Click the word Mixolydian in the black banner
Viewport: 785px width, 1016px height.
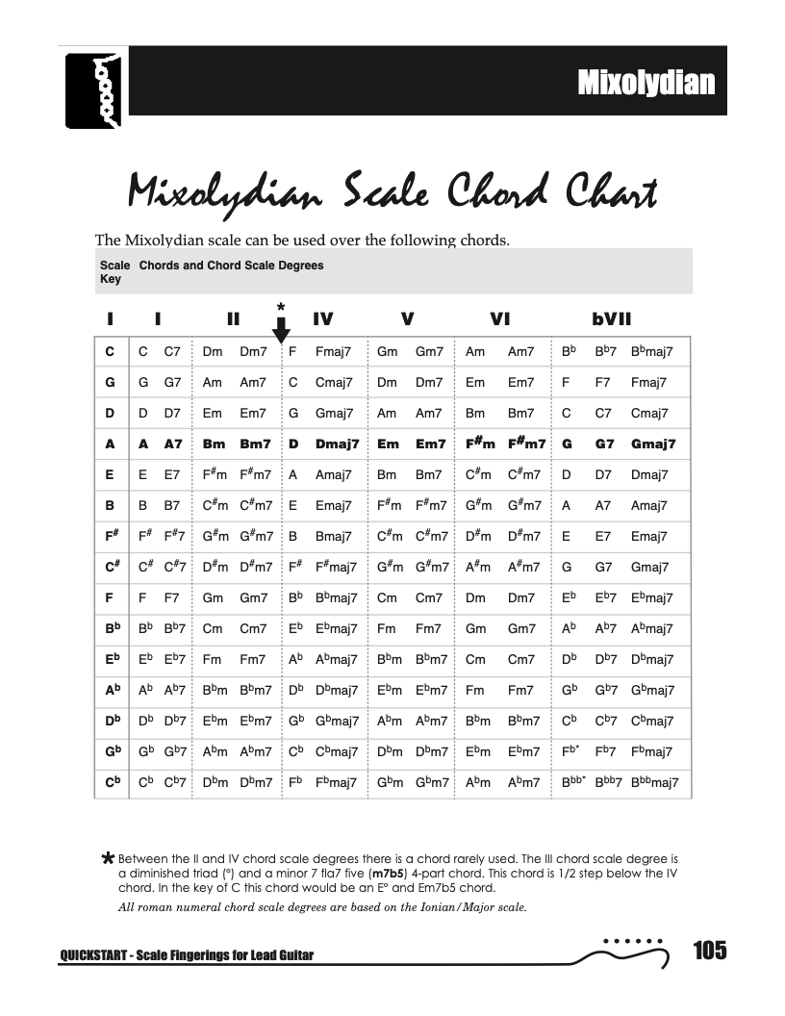pos(646,83)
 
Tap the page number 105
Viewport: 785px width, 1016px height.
pos(709,952)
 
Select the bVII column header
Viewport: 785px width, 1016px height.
pos(612,318)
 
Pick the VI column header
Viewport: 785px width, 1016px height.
pos(499,318)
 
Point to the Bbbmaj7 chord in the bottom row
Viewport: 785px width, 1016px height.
pos(654,782)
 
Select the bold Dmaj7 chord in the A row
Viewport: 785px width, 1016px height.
pos(336,444)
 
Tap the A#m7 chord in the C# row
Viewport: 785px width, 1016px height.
pos(523,568)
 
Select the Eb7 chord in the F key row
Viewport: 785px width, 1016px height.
pos(605,597)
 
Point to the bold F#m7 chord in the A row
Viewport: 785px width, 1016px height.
pos(523,444)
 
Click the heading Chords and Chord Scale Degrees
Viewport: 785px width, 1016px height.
pos(231,266)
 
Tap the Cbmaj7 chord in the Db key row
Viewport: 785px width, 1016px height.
pos(652,721)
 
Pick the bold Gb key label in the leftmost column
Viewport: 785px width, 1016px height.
pos(112,751)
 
